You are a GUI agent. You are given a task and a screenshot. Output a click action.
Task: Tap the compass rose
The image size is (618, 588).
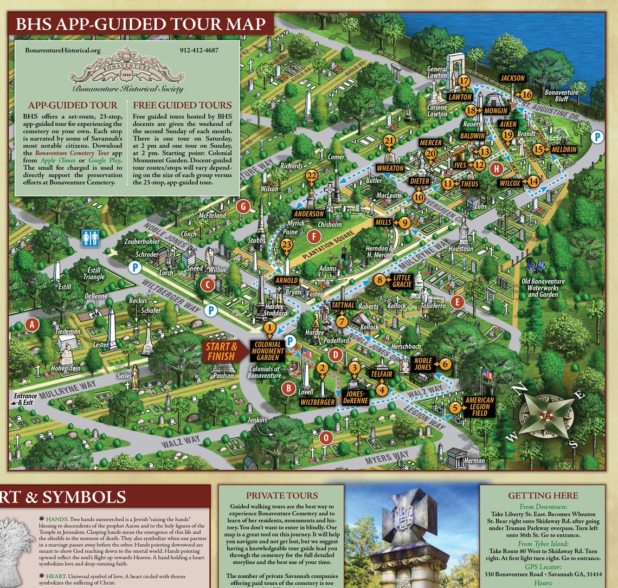tap(546, 416)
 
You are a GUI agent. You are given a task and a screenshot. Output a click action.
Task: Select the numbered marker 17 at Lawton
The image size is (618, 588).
tap(463, 81)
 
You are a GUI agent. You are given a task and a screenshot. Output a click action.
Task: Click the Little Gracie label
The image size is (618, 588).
tap(402, 281)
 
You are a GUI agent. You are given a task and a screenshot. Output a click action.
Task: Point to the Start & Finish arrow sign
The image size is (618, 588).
tap(222, 351)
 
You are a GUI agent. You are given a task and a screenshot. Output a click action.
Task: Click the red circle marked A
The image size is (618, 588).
tap(33, 325)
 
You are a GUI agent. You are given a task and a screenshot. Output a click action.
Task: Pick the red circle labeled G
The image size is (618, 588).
tap(244, 206)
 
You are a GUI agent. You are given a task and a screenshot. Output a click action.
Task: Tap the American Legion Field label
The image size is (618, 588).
tap(479, 406)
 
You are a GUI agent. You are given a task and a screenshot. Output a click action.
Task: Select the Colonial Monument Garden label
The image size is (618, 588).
tap(268, 351)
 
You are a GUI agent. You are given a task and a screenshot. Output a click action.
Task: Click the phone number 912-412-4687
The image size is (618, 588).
tap(199, 50)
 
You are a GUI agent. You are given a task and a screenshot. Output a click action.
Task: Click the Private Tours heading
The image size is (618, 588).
tap(281, 495)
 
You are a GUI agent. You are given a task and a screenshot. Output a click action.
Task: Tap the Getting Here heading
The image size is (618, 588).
tap(543, 495)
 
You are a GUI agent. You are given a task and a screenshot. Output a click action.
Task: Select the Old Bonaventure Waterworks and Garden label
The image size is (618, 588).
tap(543, 287)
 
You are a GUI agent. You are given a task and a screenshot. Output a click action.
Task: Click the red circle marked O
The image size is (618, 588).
tap(326, 437)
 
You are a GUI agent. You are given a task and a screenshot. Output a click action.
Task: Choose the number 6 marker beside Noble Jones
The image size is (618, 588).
tap(445, 364)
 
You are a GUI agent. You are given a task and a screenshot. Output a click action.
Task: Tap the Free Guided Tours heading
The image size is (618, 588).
tap(182, 105)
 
